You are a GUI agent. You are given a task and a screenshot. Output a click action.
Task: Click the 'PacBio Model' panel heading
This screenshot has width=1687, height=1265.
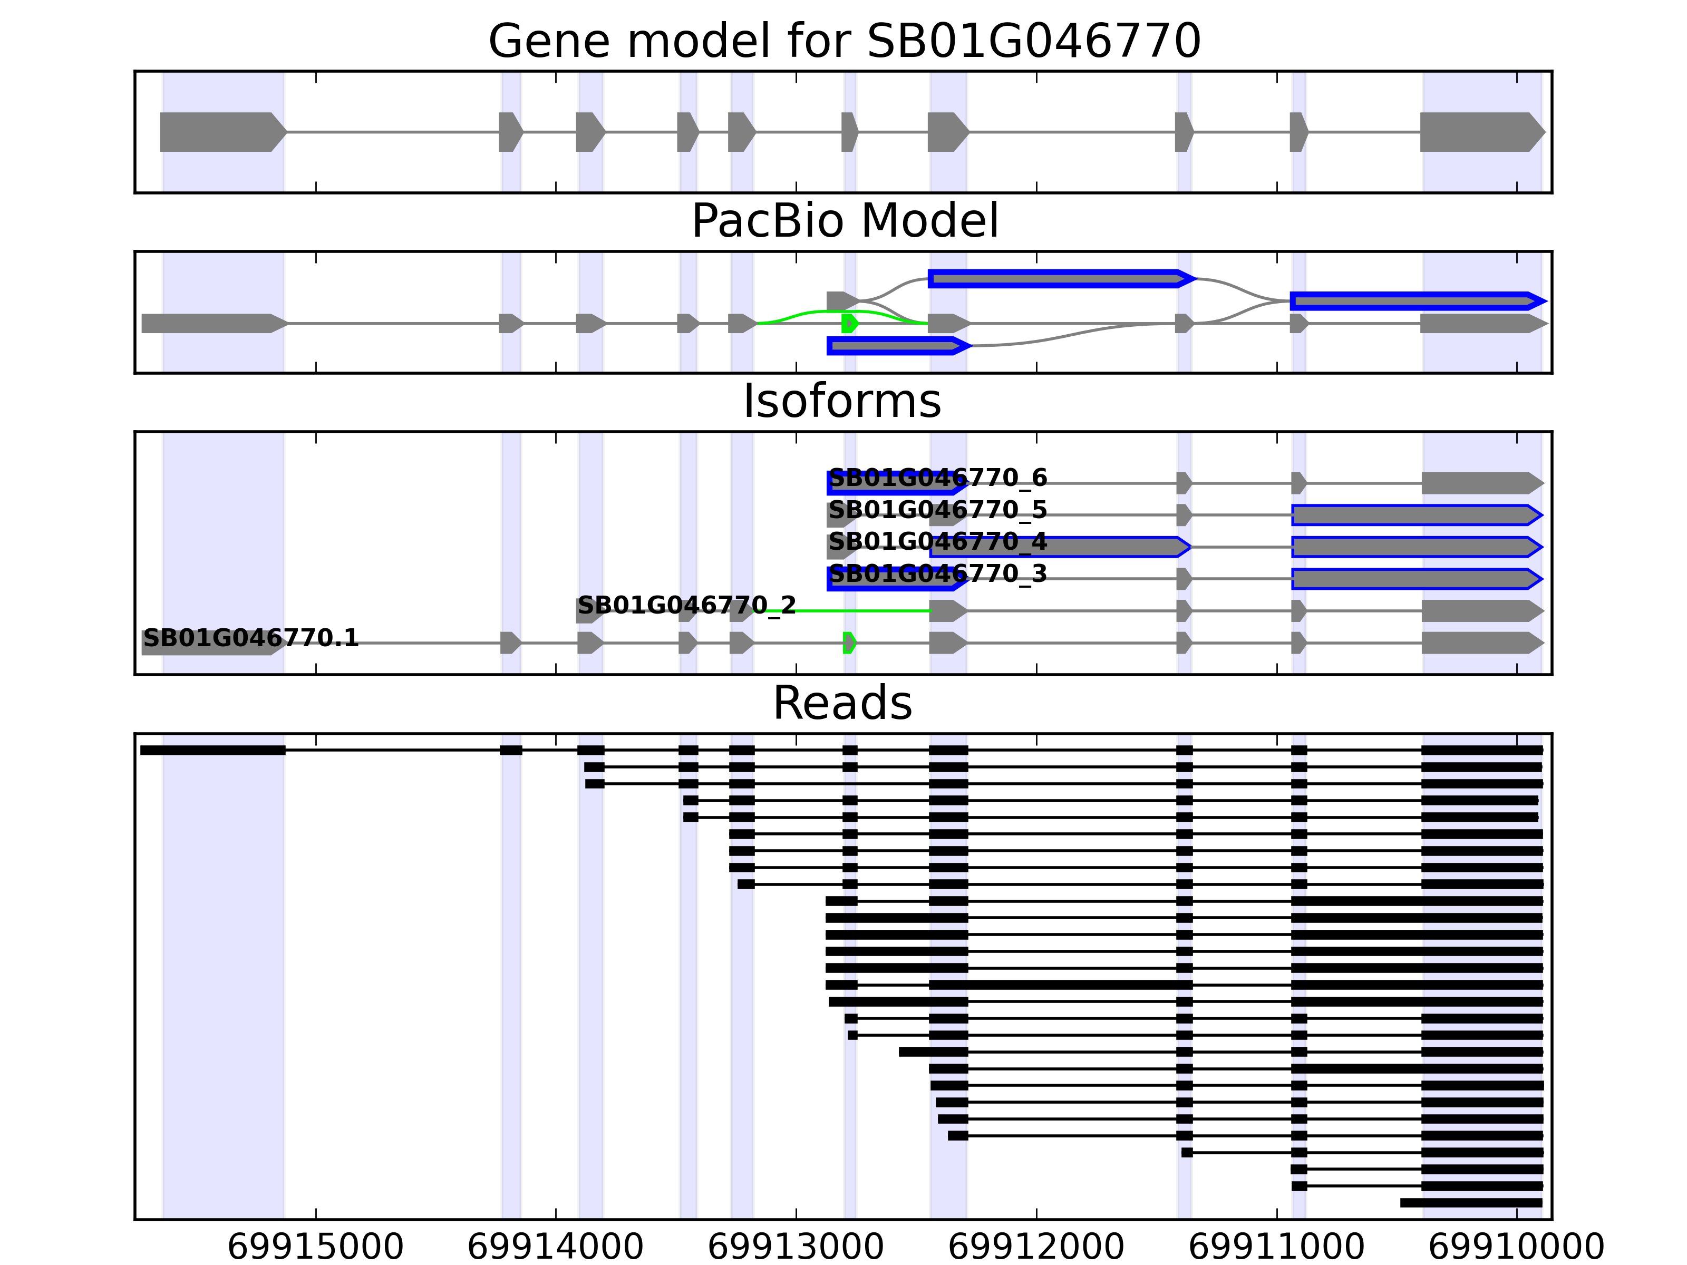tap(844, 221)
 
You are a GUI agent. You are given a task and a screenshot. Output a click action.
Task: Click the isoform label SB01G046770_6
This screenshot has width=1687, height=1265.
tap(937, 478)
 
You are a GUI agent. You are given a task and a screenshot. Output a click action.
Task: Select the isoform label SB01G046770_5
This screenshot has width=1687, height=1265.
tap(937, 510)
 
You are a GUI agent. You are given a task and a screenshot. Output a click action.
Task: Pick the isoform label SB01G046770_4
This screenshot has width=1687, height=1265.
tap(937, 542)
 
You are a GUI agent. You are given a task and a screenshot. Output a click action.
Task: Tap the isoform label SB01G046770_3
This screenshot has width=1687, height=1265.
tap(937, 574)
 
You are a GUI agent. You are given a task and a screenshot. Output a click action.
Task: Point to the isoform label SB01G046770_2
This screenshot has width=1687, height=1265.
tap(686, 606)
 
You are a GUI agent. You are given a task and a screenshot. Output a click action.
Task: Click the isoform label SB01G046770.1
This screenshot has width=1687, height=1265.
tap(251, 638)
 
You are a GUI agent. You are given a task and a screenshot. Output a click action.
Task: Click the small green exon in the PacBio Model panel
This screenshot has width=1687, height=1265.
tap(849, 323)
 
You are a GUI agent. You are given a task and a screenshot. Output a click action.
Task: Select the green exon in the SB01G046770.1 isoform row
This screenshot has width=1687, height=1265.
tap(849, 643)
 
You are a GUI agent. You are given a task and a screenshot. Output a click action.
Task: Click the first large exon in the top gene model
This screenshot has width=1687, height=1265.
tap(221, 132)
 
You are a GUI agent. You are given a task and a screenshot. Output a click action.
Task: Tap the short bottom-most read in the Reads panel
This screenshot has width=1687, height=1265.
tap(1470, 1202)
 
